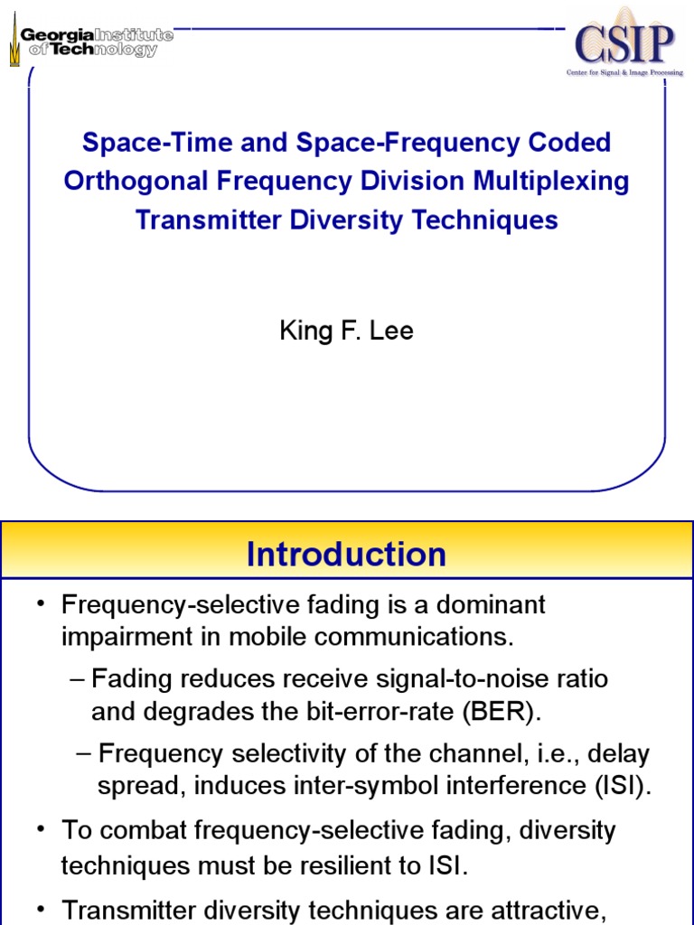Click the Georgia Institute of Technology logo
[90, 42]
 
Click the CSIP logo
[624, 42]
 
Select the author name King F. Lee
[346, 331]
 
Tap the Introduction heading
[346, 554]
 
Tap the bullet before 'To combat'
[40, 829]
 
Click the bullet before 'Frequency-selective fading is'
[40, 604]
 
